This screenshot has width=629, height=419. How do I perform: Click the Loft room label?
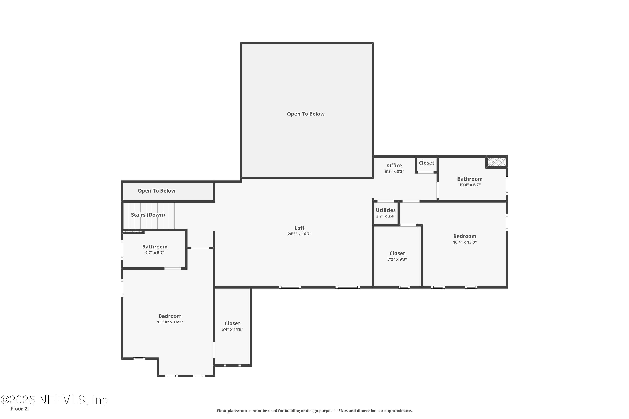pos(299,228)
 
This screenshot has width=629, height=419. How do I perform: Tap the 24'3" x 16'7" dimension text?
pos(299,234)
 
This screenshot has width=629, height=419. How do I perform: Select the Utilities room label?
pos(385,210)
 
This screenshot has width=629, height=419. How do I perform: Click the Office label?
pos(394,166)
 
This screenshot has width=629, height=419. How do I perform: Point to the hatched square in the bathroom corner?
pos(496,162)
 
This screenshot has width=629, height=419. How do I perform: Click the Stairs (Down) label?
pos(148,215)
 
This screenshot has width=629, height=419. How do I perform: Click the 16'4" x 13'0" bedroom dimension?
pos(465,242)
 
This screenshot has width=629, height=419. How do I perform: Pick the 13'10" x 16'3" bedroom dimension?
pos(170,322)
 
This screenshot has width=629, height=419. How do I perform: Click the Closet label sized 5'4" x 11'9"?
pos(232,323)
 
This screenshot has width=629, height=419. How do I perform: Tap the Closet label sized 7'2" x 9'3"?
pos(397,253)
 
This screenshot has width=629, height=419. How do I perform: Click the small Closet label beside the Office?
pos(426,163)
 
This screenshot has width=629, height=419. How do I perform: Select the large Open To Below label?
pos(306,114)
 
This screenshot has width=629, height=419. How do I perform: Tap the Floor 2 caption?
pos(19,409)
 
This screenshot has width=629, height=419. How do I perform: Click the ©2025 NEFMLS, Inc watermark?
pos(54,400)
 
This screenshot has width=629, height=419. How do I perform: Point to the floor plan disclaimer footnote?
pos(314,411)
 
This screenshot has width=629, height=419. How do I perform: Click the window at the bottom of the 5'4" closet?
pos(232,365)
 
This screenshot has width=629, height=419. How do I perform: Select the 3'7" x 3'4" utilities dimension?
pos(385,216)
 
